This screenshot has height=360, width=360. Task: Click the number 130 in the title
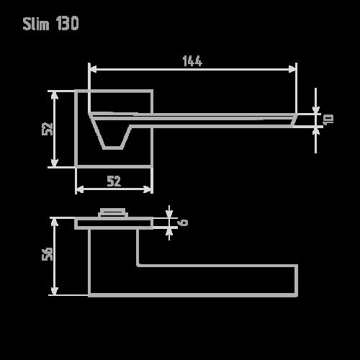66,24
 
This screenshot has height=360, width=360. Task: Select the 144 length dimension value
192,62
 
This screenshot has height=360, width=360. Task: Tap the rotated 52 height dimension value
48,129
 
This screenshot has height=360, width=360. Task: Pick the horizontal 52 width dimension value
114,181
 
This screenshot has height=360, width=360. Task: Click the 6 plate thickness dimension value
183,222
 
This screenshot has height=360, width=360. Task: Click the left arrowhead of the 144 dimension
92,69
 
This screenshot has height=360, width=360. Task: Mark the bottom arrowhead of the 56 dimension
54,291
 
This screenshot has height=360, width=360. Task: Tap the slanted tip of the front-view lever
294,120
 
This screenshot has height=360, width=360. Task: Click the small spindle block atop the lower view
113,212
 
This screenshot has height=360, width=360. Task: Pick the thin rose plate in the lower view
113,223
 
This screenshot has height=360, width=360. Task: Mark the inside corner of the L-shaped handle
138,265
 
